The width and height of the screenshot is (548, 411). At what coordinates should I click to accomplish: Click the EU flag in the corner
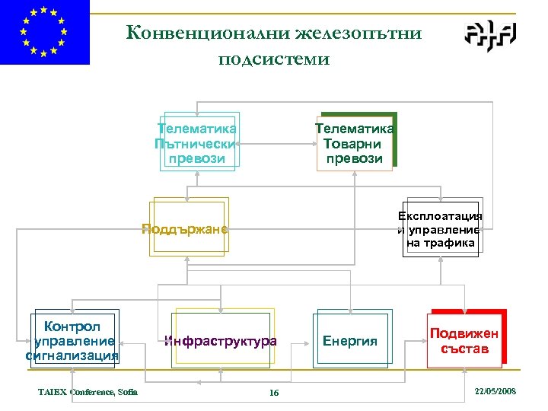pos(45,32)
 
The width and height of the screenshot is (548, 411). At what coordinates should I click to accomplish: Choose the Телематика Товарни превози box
pos(355,142)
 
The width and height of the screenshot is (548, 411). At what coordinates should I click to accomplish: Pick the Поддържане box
pos(187,228)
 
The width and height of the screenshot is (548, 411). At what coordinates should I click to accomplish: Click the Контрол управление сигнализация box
pos(72,340)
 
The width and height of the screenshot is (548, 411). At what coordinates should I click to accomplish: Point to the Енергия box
pos(351,340)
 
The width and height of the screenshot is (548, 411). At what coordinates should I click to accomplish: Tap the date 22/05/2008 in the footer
pos(495,390)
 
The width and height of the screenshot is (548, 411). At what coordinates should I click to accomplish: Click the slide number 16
pos(274,393)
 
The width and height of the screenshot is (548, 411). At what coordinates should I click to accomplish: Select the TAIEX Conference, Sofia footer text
pos(88,392)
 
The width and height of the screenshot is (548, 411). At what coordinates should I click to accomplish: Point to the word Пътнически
pos(197,143)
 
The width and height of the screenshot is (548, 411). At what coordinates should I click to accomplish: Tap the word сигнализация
pos(72,355)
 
